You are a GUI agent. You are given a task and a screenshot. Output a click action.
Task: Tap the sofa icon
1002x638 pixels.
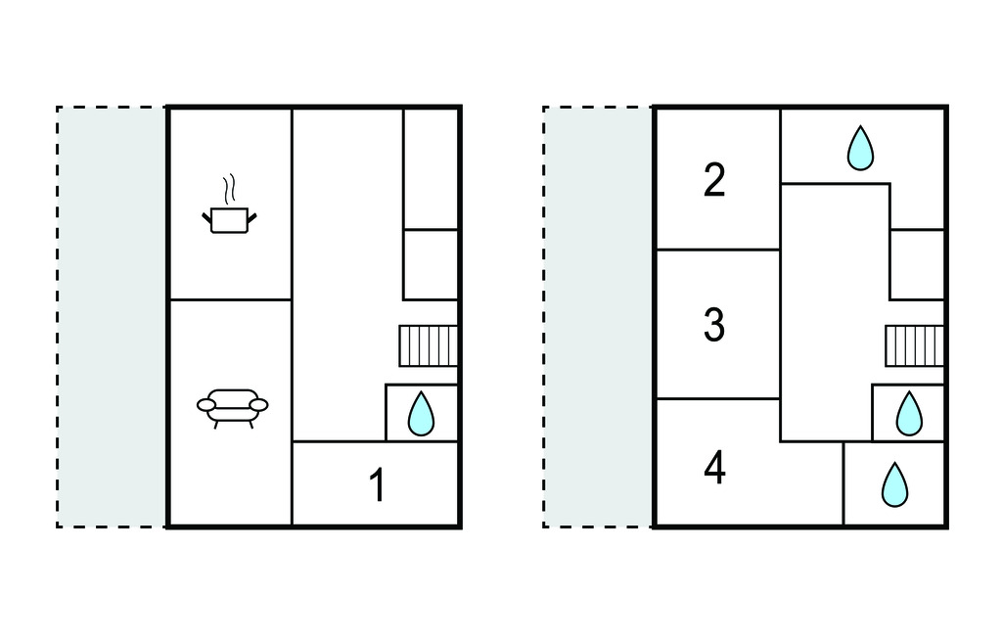coord(233,405)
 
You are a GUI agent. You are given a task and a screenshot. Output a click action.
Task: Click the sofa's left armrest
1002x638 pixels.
coord(205,404)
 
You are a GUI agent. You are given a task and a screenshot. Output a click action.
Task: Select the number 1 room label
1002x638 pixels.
coord(376,485)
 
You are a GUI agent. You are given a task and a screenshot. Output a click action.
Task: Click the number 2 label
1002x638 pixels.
coord(715,180)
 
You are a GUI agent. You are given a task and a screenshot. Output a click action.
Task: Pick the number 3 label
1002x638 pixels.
coord(715,325)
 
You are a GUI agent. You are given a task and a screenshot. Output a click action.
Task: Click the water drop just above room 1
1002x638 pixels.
coord(420,413)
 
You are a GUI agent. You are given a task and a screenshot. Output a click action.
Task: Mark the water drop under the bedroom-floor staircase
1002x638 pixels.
coord(909,413)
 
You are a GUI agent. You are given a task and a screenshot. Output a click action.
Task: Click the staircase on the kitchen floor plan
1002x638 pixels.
coord(429,345)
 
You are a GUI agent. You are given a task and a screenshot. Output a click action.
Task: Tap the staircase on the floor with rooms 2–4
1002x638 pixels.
coord(915,345)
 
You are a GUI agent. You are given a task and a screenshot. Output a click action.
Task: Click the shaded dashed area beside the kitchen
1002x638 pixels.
coord(112,316)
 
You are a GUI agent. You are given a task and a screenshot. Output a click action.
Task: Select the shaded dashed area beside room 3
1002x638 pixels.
coord(598,316)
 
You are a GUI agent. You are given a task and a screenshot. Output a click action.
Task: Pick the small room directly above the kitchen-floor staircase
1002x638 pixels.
coord(432,264)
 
